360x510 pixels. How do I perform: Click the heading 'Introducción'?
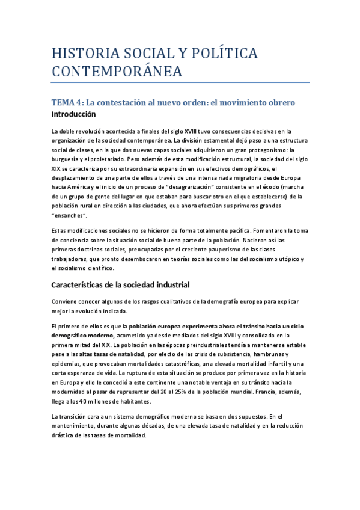point(73,114)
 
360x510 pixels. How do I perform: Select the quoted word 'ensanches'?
point(69,215)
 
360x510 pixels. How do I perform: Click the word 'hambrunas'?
point(271,354)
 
